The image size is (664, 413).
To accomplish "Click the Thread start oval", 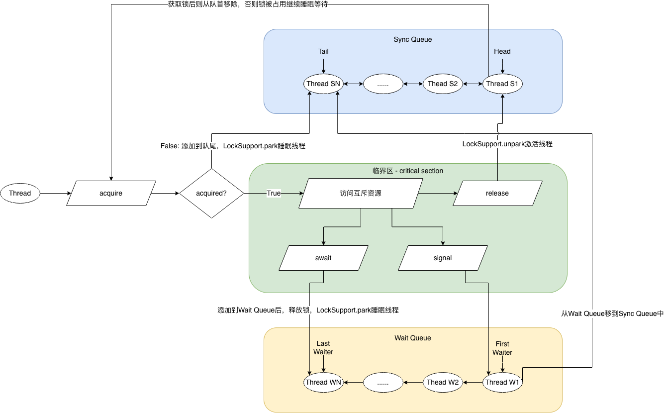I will coord(20,193).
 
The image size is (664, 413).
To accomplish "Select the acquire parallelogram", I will coord(111,193).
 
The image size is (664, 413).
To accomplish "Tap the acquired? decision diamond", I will coord(211,193).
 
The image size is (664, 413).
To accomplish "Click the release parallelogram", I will coord(497,193).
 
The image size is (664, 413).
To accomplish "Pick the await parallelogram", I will coord(323,258).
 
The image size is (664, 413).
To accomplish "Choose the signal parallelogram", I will coord(442,258).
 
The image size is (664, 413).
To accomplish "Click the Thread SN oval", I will coord(323,84).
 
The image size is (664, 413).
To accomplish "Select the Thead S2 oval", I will coord(443,84).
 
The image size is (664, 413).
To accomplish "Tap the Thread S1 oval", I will coord(502,84).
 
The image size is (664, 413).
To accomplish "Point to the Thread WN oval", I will coord(323,382).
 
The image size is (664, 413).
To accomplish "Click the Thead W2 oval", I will coord(443,382).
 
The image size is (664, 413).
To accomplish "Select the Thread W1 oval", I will coord(502,382).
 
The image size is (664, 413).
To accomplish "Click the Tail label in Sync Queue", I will coord(323,51).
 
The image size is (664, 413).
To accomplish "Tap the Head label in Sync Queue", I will coord(502,51).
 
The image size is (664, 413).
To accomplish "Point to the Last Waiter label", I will coord(323,348).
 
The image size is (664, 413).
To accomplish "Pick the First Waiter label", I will coord(502,348).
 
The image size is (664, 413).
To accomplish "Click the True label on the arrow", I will coord(274,193).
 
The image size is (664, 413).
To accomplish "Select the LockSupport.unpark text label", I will coord(507,144).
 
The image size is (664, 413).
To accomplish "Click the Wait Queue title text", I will coord(413,338).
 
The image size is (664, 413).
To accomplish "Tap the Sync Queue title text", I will coord(413,39).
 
